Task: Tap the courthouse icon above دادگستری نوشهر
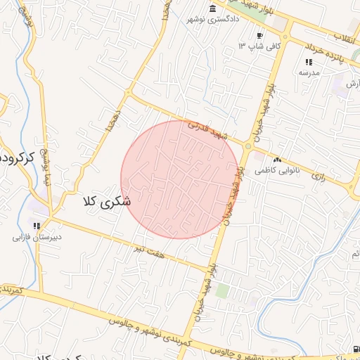(212, 8)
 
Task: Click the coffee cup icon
(259, 36)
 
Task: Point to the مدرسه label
(309, 72)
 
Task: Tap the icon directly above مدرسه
(309, 62)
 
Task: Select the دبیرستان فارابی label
(36, 237)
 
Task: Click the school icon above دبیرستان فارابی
(36, 226)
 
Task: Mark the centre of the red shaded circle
(180, 179)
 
